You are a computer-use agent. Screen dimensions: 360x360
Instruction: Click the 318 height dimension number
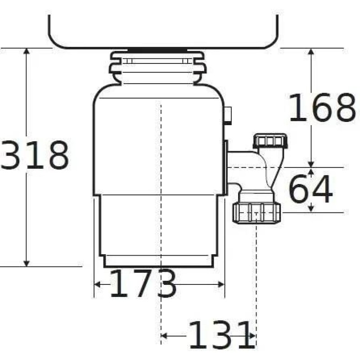35,155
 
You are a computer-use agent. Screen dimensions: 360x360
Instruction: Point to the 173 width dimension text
143,283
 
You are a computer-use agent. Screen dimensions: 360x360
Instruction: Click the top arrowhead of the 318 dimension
27,51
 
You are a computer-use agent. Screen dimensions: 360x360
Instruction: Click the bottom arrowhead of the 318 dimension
27,264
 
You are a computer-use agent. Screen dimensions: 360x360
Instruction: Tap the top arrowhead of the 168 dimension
311,51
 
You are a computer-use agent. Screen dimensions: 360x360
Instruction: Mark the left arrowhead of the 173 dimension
97,285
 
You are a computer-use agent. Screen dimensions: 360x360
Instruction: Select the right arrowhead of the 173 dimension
221,285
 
